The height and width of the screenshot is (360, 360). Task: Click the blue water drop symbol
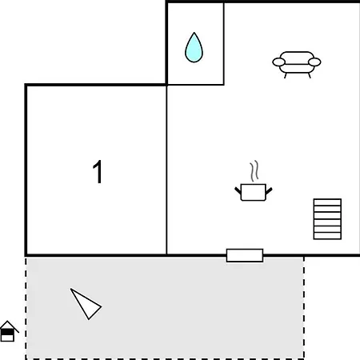194,48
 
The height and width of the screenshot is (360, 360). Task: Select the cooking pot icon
254,192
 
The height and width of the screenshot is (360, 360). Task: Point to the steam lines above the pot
254,171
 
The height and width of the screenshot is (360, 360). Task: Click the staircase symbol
327,219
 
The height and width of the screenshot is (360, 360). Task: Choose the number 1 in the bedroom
98,171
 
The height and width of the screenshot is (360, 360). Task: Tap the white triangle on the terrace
86,304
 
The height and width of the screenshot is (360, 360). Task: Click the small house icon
9,331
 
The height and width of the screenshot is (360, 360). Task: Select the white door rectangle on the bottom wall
245,255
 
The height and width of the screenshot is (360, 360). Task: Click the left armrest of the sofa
278,62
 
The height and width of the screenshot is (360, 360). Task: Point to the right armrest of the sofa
314,62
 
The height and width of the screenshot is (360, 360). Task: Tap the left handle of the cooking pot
238,190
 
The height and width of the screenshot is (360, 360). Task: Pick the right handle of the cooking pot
269,191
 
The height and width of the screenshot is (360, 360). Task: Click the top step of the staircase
327,202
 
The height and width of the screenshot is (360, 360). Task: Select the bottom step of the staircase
327,236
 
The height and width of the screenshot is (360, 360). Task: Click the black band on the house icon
7,332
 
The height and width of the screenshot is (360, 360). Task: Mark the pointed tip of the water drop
194,33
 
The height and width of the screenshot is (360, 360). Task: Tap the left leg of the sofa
286,76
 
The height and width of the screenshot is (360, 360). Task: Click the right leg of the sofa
310,76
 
